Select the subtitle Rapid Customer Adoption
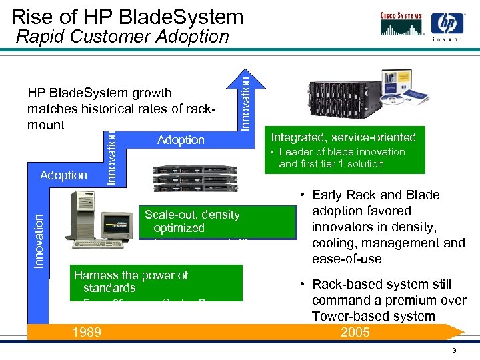(122, 37)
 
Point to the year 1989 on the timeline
(87, 331)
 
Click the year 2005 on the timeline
(355, 331)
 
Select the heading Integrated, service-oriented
(343, 137)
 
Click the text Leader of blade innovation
(341, 152)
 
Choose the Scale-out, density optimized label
(192, 221)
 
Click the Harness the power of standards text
(131, 281)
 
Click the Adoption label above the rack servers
(181, 140)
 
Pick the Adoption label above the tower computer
(63, 175)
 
